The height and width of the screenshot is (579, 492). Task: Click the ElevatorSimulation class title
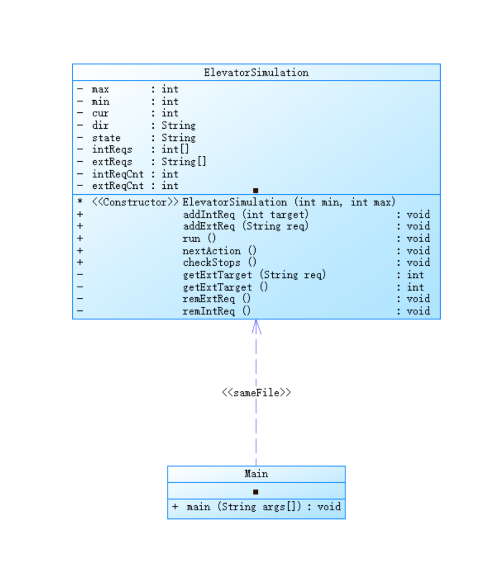[256, 73]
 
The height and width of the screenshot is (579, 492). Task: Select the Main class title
[256, 474]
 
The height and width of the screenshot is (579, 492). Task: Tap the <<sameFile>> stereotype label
[256, 393]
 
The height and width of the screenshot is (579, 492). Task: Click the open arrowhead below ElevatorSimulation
[256, 326]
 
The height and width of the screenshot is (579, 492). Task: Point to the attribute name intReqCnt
[117, 174]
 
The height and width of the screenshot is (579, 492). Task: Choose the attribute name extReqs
[112, 162]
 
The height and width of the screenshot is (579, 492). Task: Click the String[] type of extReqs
[184, 162]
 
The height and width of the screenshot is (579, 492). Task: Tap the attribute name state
[106, 138]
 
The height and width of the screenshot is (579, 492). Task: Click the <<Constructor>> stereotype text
[135, 202]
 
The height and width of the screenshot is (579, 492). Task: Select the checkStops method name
[212, 263]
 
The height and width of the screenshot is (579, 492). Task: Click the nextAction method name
[212, 250]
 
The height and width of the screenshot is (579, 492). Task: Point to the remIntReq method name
[209, 311]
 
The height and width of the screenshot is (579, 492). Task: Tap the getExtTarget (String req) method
[254, 275]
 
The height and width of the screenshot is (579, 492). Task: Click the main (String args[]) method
[244, 506]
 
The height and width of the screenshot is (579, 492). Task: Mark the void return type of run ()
[418, 238]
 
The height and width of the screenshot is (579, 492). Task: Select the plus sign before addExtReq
[80, 226]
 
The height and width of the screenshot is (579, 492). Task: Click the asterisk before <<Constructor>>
[80, 202]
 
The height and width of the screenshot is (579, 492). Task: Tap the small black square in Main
[256, 492]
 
